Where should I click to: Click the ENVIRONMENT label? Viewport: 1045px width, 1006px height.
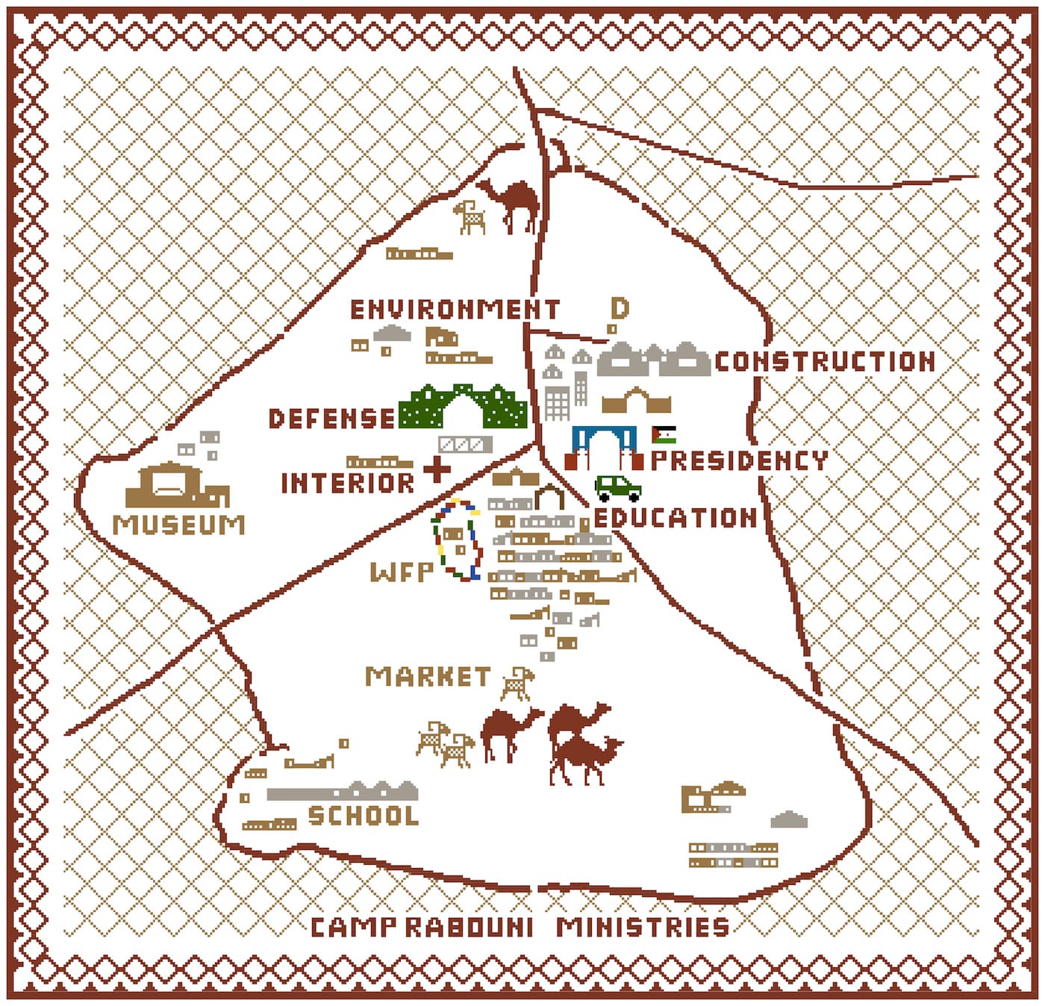455,310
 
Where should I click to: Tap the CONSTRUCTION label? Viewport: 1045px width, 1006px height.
825,362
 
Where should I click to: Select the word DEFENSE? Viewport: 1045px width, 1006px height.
331,419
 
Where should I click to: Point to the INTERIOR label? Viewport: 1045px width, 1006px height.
347,484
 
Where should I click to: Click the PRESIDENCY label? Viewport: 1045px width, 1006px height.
739,460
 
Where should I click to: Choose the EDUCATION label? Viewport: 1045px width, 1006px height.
676,518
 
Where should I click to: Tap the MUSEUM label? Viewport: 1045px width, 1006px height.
179,525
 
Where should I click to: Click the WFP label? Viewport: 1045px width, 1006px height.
402,572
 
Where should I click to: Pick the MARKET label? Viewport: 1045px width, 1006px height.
428,677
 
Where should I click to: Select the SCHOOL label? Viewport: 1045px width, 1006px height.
364,816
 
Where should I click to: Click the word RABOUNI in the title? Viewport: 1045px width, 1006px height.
469,928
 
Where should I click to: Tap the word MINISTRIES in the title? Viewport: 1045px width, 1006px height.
643,928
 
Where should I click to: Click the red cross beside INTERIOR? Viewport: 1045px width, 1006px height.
437,469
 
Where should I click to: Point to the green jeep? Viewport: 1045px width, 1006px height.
618,488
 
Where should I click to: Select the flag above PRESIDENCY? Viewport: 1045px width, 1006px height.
664,435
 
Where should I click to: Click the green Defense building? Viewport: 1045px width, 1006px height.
463,407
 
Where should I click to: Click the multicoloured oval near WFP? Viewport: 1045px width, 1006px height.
457,540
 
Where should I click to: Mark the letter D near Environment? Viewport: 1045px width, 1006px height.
620,308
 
